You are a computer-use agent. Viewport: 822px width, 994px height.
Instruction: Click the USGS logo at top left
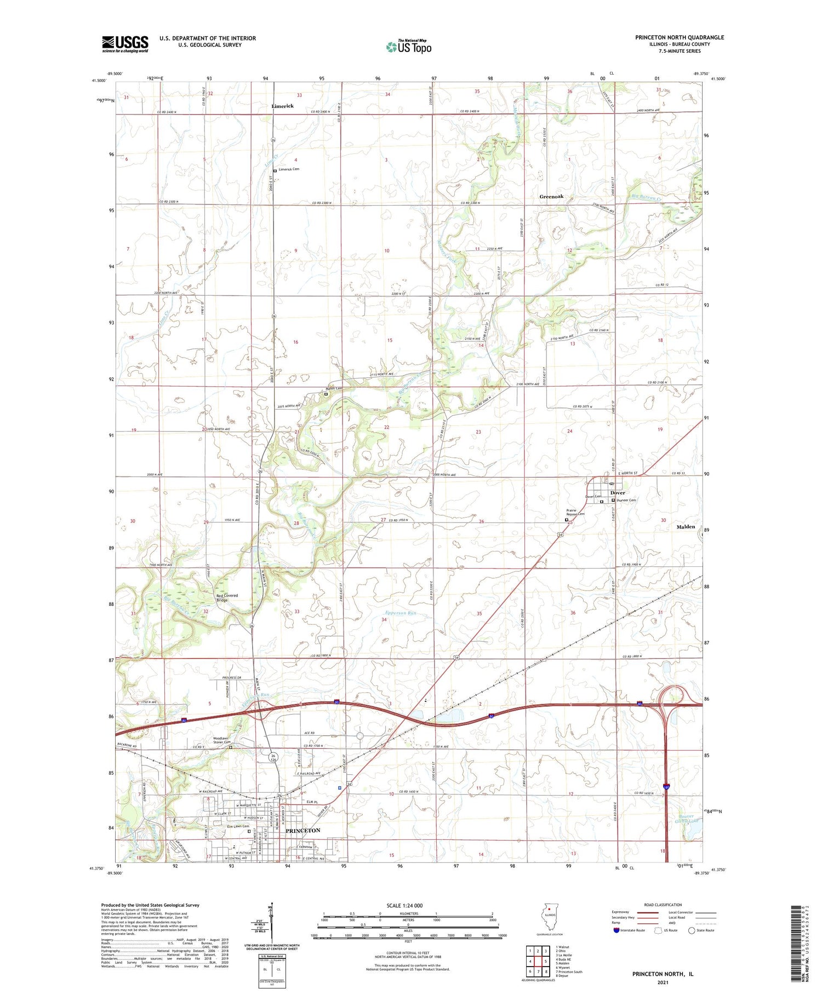pyautogui.click(x=125, y=44)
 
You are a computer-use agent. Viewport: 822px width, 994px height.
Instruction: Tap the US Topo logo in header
pyautogui.click(x=408, y=47)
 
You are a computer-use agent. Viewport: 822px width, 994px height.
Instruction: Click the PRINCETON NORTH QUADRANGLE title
pyautogui.click(x=680, y=37)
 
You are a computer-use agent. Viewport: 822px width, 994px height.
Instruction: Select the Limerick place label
pyautogui.click(x=283, y=106)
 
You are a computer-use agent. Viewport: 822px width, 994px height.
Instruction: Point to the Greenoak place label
pyautogui.click(x=551, y=196)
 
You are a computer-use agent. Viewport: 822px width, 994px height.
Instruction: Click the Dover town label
pyautogui.click(x=618, y=492)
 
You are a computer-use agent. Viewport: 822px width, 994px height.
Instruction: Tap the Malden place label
pyautogui.click(x=686, y=526)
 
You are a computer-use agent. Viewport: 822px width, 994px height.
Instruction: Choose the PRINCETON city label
pyautogui.click(x=302, y=831)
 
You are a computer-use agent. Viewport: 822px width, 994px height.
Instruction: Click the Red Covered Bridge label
pyautogui.click(x=227, y=598)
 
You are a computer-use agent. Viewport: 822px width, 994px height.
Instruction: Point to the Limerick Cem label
pyautogui.click(x=289, y=169)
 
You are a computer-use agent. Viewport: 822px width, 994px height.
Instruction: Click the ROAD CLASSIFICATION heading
pyautogui.click(x=663, y=905)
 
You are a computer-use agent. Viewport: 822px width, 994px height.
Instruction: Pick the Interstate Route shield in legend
pyautogui.click(x=617, y=930)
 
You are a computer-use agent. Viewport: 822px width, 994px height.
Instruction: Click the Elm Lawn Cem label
pyautogui.click(x=238, y=826)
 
